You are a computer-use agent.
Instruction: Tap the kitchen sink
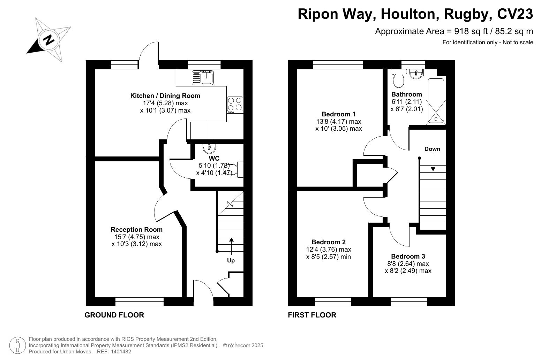pyautogui.click(x=203, y=77)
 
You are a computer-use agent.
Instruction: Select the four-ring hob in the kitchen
pyautogui.click(x=235, y=105)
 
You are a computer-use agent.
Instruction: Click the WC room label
pyautogui.click(x=214, y=158)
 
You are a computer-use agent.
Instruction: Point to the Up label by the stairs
pyautogui.click(x=231, y=261)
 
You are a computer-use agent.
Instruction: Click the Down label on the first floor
pyautogui.click(x=432, y=149)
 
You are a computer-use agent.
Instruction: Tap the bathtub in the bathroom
pyautogui.click(x=436, y=101)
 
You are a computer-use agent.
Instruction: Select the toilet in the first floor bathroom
pyautogui.click(x=398, y=79)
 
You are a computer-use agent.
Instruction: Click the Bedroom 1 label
pyautogui.click(x=338, y=114)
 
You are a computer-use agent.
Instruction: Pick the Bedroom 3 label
pyautogui.click(x=408, y=256)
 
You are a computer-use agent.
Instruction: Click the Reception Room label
pyautogui.click(x=136, y=229)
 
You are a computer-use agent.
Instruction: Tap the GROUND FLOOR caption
pyautogui.click(x=114, y=315)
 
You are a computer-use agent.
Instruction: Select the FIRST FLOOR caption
pyautogui.click(x=312, y=315)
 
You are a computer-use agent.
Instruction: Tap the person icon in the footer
pyautogui.click(x=17, y=345)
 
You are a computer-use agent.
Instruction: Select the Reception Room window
pyautogui.click(x=140, y=301)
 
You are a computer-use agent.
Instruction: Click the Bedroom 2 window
pyautogui.click(x=333, y=301)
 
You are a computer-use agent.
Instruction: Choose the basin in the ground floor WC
pyautogui.click(x=209, y=148)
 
